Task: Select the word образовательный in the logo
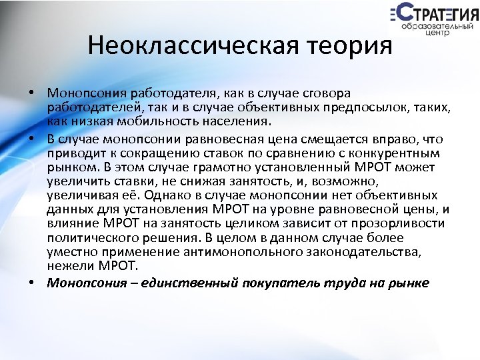[433, 24]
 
